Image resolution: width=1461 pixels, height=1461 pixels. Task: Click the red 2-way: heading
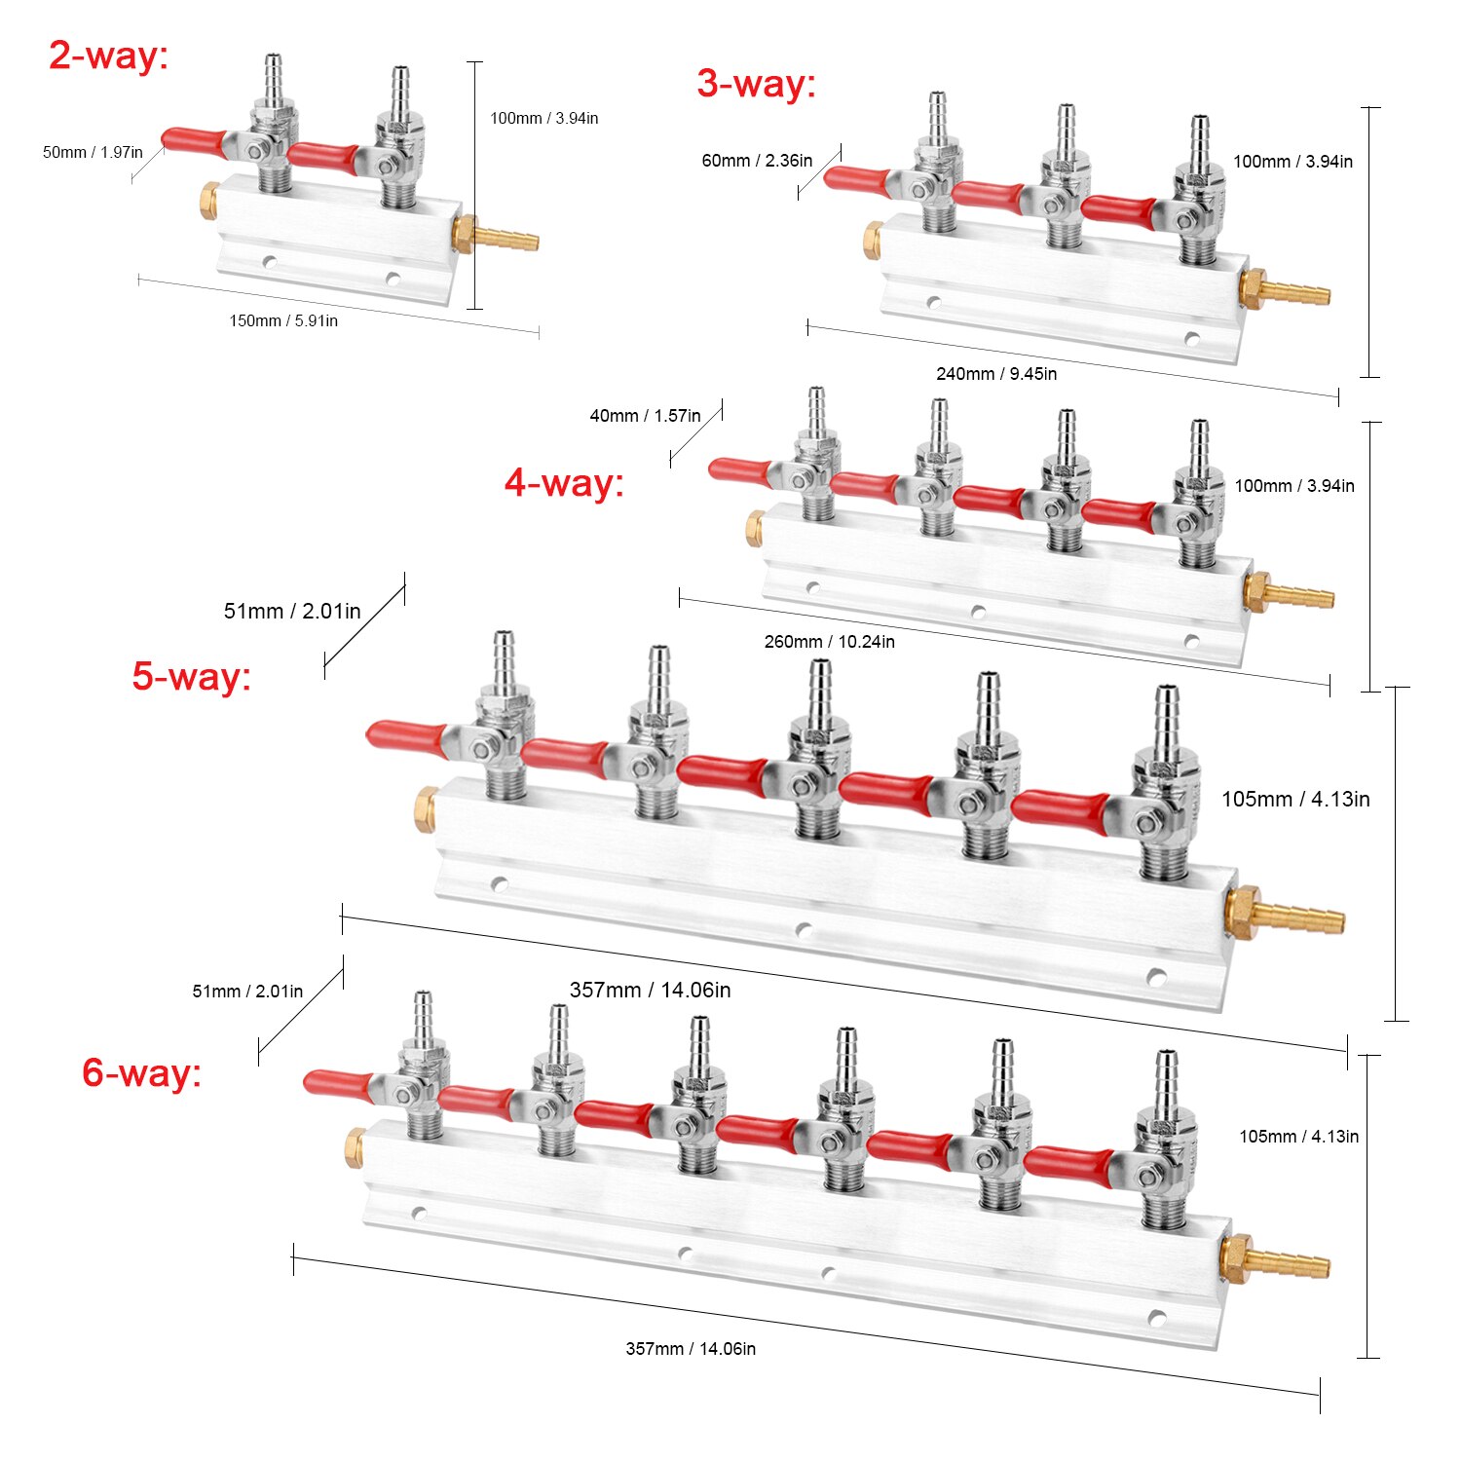pos(108,56)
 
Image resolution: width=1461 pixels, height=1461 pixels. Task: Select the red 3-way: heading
pos(756,84)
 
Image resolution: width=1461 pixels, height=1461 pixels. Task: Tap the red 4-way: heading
pos(564,482)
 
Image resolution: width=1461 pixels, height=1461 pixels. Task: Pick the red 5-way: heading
pos(192,676)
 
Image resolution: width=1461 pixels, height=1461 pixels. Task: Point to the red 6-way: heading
pos(141,1072)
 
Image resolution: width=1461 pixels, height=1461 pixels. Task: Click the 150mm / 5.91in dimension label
pos(283,320)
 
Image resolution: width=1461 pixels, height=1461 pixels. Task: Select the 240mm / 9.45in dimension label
pos(995,373)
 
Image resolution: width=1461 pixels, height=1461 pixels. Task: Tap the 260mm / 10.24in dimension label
pos(829,641)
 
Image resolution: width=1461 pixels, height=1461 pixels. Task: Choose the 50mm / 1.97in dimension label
pos(93,152)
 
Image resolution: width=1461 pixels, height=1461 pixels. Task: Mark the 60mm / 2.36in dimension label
pos(757,161)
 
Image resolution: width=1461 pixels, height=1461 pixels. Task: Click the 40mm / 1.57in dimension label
pos(645,416)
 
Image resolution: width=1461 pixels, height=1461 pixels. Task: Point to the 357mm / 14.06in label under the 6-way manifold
pos(691,1348)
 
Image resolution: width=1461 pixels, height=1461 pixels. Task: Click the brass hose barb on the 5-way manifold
pos(1295,916)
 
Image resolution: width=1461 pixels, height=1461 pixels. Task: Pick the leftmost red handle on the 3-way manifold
pos(857,179)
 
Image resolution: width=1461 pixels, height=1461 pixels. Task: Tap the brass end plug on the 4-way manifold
pos(755,527)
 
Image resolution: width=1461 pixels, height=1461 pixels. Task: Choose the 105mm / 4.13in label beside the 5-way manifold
pos(1295,799)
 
